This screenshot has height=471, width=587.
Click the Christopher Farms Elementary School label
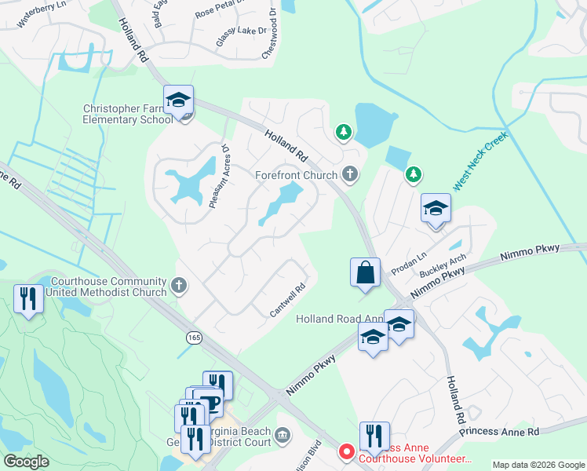pyautogui.click(x=128, y=115)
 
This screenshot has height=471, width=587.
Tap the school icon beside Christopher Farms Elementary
pyautogui.click(x=179, y=101)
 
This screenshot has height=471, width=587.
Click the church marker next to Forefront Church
pyautogui.click(x=350, y=174)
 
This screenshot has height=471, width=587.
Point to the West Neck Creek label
pyautogui.click(x=481, y=161)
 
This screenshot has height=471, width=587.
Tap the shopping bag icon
pyautogui.click(x=366, y=273)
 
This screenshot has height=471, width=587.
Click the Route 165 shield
pyautogui.click(x=193, y=337)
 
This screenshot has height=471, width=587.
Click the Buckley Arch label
pyautogui.click(x=443, y=265)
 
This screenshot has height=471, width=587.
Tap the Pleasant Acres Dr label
pyautogui.click(x=218, y=176)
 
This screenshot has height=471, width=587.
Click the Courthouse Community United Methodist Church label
pyautogui.click(x=108, y=287)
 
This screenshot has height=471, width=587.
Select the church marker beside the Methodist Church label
pyautogui.click(x=180, y=286)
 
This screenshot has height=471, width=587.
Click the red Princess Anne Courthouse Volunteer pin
pyautogui.click(x=345, y=451)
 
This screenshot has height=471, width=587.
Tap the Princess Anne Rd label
pyautogui.click(x=499, y=432)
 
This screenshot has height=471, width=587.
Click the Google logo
pyautogui.click(x=26, y=462)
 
